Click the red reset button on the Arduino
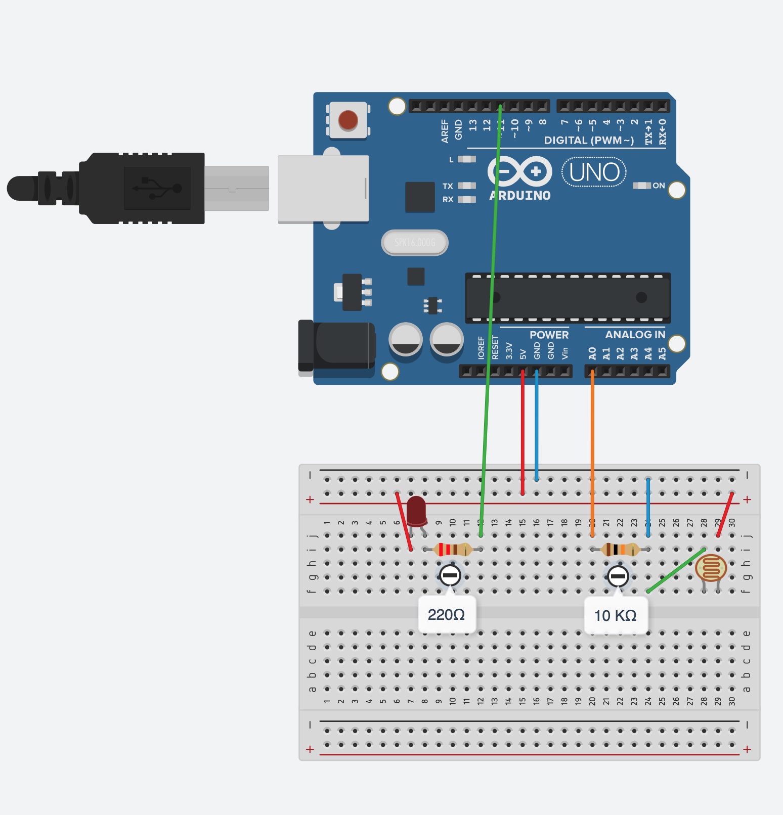[x=348, y=120]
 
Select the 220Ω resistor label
[x=446, y=615]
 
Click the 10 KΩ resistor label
[x=615, y=615]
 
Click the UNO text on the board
[x=594, y=172]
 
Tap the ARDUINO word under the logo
[x=520, y=196]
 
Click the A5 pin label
[x=662, y=353]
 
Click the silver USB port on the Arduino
[x=323, y=188]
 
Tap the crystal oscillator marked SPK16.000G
[x=415, y=243]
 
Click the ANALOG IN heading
[x=635, y=335]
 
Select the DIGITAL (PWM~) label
[x=588, y=141]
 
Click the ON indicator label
[x=658, y=186]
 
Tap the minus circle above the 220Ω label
[x=450, y=575]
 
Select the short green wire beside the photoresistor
[x=676, y=570]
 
